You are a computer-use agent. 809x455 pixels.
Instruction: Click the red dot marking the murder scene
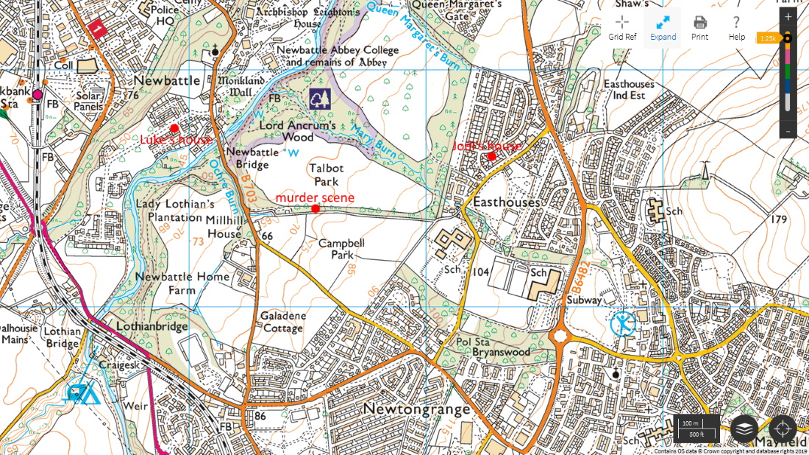pyautogui.click(x=316, y=209)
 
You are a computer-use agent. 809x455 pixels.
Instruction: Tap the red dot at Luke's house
pyautogui.click(x=174, y=128)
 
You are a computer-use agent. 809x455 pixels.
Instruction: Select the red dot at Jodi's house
pyautogui.click(x=491, y=156)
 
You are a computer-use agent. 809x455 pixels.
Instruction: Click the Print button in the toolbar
pyautogui.click(x=699, y=27)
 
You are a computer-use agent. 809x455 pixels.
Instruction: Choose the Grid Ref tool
pyautogui.click(x=622, y=27)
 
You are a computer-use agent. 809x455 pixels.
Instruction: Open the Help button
pyautogui.click(x=736, y=27)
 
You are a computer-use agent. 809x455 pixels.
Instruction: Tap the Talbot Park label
pyautogui.click(x=326, y=174)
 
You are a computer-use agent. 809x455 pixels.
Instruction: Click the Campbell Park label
pyautogui.click(x=341, y=249)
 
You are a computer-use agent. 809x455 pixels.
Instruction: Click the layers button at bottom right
pyautogui.click(x=745, y=428)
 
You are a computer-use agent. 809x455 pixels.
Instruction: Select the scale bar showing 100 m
pyautogui.click(x=696, y=428)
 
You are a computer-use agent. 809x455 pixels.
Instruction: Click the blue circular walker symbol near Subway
pyautogui.click(x=623, y=324)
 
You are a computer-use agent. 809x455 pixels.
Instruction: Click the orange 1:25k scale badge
pyautogui.click(x=768, y=38)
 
